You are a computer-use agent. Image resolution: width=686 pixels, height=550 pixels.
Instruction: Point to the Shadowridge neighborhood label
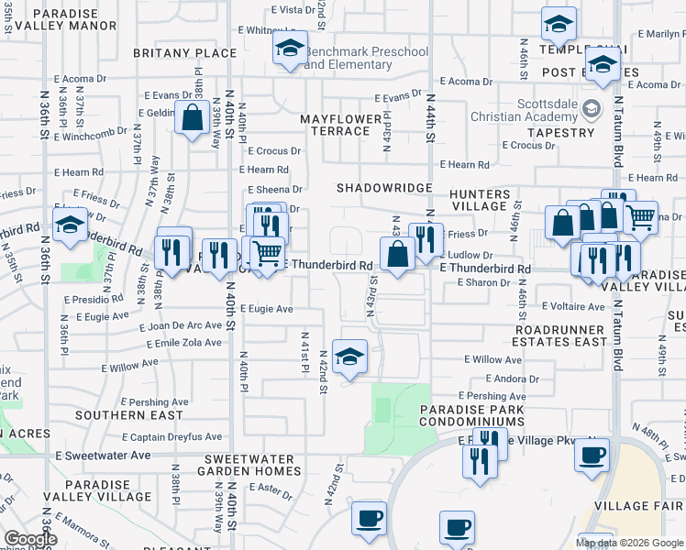[382, 187]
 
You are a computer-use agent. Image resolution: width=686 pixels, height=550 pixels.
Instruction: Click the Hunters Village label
[480, 200]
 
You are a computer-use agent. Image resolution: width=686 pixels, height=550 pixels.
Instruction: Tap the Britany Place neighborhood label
[184, 53]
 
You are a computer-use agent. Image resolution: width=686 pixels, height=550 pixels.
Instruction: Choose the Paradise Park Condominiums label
[471, 415]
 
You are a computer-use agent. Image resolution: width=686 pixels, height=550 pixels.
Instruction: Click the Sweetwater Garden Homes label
[249, 465]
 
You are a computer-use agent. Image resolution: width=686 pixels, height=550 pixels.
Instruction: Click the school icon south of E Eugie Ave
[349, 357]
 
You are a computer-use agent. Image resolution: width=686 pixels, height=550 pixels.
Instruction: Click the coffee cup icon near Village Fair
[592, 454]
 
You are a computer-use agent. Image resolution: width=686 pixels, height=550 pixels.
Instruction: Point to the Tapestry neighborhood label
[561, 133]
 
